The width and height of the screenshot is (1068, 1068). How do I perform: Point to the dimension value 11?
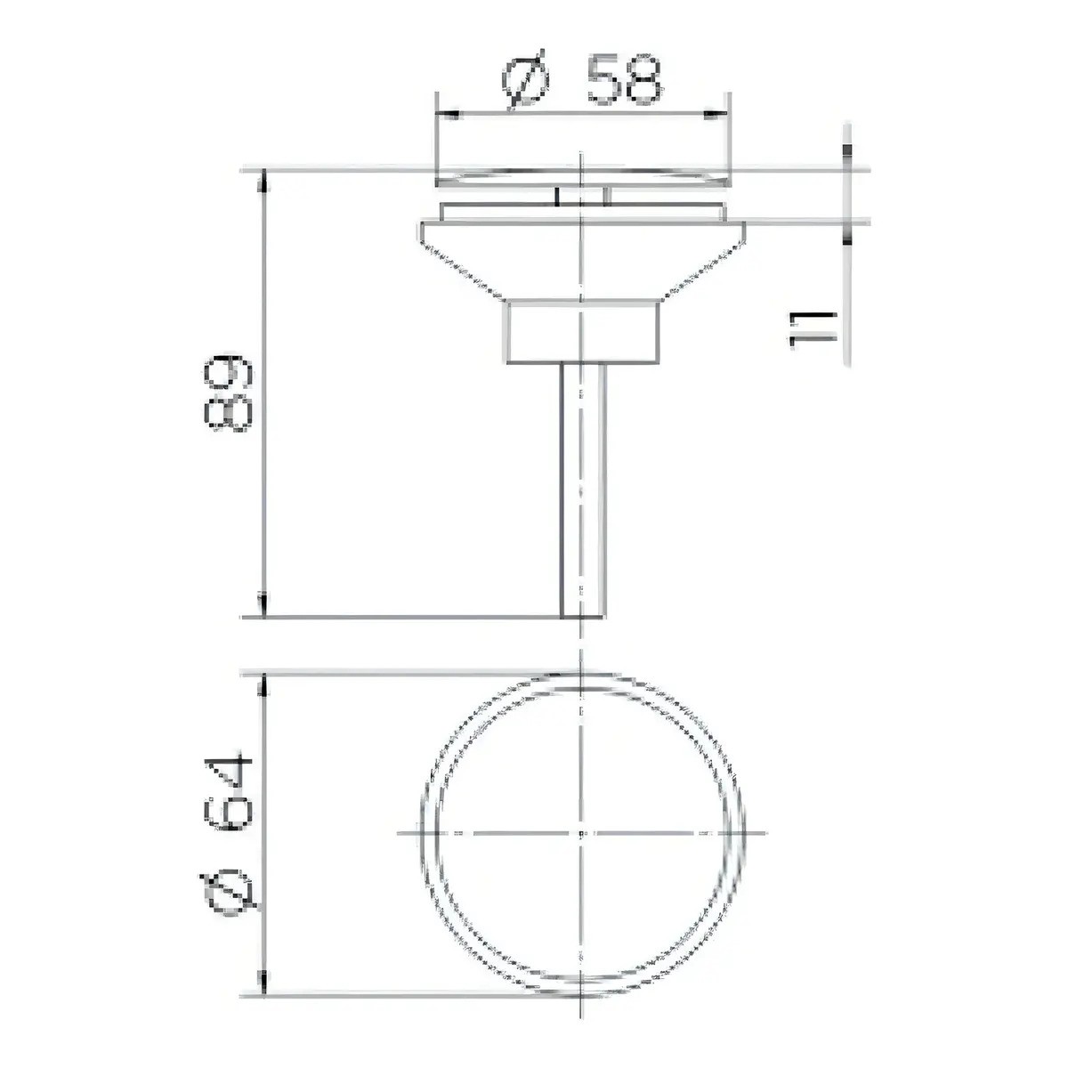[x=812, y=330]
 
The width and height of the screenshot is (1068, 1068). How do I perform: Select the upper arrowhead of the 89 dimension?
[x=264, y=181]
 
